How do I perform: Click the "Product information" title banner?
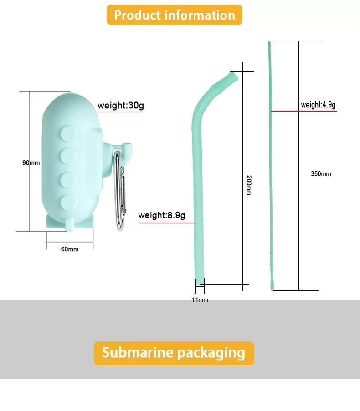click(174, 15)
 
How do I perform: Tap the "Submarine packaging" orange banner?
click(174, 353)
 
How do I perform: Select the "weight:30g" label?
click(120, 106)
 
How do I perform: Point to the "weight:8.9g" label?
click(162, 215)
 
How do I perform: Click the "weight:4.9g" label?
click(318, 105)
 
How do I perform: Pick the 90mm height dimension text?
click(31, 162)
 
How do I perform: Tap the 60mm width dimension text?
click(69, 249)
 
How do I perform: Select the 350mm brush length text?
click(321, 173)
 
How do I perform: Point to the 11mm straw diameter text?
click(200, 300)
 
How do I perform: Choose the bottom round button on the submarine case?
click(68, 203)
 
